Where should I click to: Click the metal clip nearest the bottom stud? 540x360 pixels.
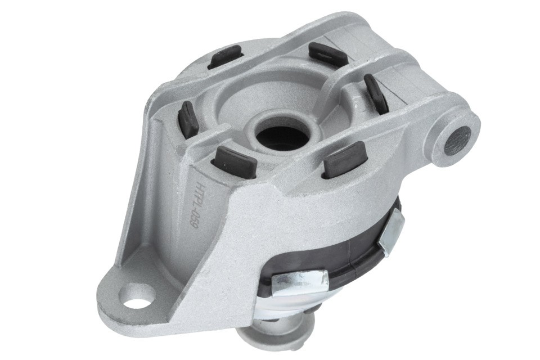pyautogui.click(x=299, y=282)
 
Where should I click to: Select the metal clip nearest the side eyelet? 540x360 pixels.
pyautogui.click(x=391, y=230)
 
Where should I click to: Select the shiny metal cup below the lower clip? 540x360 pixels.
pyautogui.click(x=287, y=307)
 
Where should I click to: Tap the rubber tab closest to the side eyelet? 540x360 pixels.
pyautogui.click(x=376, y=93)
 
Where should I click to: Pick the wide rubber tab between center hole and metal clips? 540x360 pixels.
pyautogui.click(x=345, y=159)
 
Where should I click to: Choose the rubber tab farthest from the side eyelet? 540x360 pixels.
pyautogui.click(x=188, y=119)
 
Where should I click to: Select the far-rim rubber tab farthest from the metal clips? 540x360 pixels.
pyautogui.click(x=226, y=57)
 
